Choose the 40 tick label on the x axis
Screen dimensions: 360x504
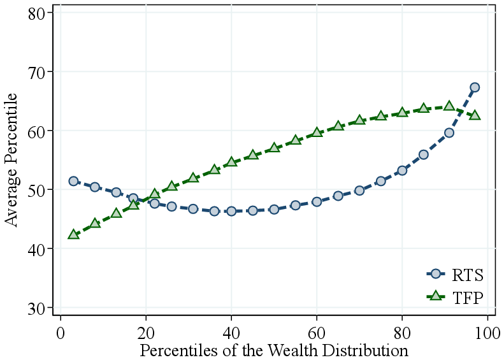(231, 333)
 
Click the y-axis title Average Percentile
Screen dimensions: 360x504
(11, 159)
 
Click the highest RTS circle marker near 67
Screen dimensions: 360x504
(475, 87)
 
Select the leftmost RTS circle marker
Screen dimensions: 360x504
(73, 181)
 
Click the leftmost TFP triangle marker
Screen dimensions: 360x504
(73, 234)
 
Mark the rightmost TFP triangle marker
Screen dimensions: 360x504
(475, 115)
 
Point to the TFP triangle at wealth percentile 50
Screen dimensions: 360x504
(274, 147)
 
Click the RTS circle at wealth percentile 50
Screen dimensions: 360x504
(274, 209)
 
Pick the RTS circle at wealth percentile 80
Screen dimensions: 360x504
(402, 171)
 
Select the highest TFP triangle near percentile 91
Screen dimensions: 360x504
(449, 106)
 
